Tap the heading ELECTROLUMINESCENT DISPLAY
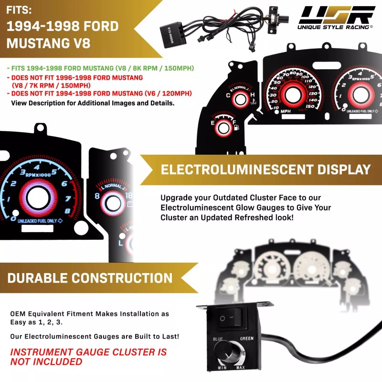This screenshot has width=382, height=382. pos(265,170)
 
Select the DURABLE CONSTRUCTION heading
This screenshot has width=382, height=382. pos(90,278)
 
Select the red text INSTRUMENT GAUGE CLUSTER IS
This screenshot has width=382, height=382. pos(88,352)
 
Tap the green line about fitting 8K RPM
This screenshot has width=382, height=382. pos(100,68)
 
